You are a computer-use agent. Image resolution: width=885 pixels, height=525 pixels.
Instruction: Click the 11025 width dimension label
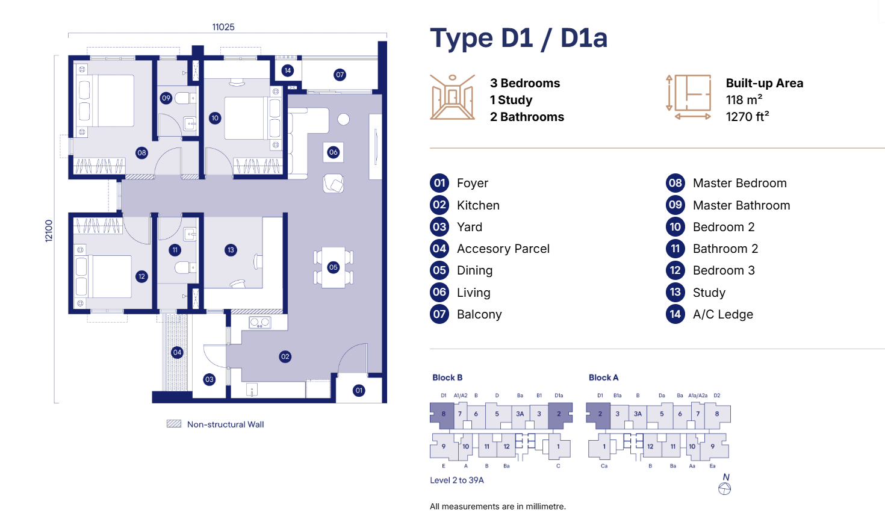point(223,27)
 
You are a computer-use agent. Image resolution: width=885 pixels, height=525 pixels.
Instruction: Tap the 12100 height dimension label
point(49,231)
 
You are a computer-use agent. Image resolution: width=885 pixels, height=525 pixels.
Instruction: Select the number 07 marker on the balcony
point(340,75)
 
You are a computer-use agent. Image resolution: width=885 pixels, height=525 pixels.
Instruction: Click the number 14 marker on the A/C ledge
point(288,70)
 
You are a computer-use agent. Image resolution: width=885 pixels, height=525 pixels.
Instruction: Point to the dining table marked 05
point(334,267)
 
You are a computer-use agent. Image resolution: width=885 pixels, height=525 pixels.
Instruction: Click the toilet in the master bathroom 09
point(185,98)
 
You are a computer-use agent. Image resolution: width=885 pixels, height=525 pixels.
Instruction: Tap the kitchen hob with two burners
point(260,323)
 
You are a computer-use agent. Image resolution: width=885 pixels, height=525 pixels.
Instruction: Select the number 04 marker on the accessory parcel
point(177,352)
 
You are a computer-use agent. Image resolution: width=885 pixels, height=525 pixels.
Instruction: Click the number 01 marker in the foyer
point(359,391)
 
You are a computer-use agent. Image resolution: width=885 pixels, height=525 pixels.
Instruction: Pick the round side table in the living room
point(343,119)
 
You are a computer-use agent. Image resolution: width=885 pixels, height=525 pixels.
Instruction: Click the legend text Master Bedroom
point(739,183)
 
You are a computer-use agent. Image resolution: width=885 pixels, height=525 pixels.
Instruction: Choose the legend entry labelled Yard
point(470,227)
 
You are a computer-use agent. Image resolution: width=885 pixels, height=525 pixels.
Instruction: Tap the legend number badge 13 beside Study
point(675,293)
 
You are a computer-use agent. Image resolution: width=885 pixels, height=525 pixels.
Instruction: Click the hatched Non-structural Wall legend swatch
point(174,424)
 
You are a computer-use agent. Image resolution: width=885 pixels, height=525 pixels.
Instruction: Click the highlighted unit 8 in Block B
point(442,415)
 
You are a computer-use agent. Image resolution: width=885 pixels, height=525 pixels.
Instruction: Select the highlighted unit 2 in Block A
point(598,415)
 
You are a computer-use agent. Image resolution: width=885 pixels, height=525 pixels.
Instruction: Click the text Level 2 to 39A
point(457,480)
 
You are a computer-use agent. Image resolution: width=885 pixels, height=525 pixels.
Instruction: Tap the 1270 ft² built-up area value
point(748,117)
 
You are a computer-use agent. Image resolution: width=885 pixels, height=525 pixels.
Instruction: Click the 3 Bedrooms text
point(525,83)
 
